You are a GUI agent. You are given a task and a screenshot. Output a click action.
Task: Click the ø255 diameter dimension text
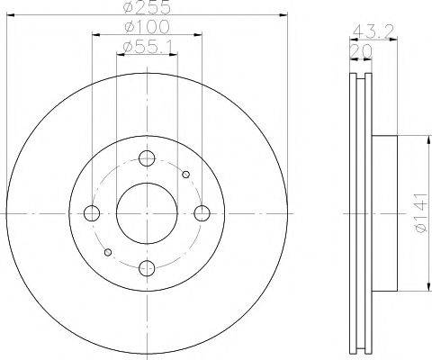[x=148, y=9]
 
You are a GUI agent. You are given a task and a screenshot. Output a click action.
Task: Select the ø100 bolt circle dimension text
[x=148, y=29]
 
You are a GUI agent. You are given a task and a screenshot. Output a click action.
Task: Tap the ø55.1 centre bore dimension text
[x=148, y=47]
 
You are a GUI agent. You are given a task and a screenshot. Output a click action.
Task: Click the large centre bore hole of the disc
[x=148, y=212]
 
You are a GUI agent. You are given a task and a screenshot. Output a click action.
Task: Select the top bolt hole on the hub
[x=148, y=159]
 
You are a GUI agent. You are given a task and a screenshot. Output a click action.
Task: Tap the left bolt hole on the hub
[x=92, y=212]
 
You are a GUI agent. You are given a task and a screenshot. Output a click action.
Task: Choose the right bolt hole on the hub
[x=202, y=212]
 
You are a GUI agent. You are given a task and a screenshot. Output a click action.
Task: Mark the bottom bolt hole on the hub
[x=148, y=266]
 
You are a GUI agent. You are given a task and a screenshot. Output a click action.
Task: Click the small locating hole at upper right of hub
[x=185, y=174]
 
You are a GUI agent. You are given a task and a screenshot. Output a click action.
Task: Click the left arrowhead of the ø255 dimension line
[x=10, y=16]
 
